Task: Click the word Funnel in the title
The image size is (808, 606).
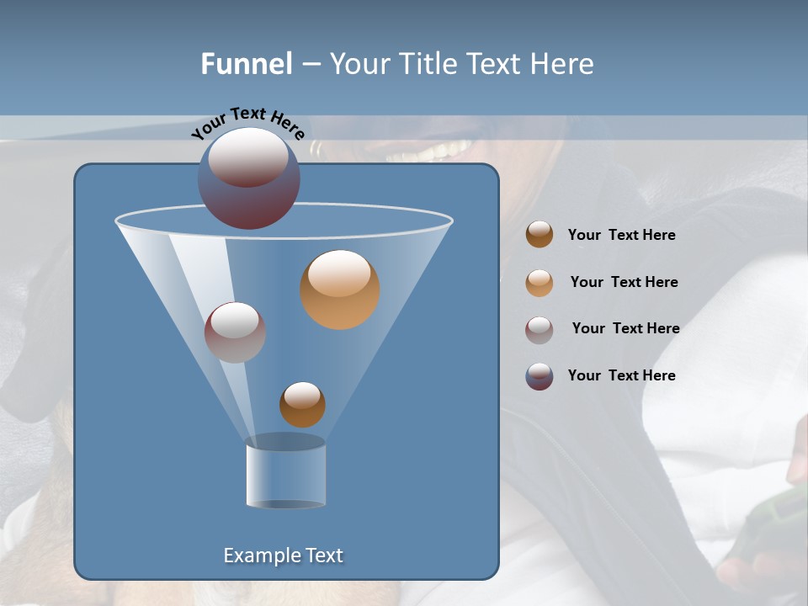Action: (x=246, y=64)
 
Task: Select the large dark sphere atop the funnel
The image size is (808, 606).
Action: (x=249, y=178)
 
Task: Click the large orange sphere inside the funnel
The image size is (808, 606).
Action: (x=339, y=290)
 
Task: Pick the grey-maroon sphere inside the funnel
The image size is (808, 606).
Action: (x=235, y=332)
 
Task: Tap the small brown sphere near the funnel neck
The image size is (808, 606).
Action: (x=302, y=404)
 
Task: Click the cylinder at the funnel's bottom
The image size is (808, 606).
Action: (x=285, y=476)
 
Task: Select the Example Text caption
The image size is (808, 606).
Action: (x=283, y=555)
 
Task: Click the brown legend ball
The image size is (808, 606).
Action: (x=540, y=235)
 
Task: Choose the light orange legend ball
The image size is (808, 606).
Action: (x=540, y=283)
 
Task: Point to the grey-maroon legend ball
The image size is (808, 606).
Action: (x=540, y=329)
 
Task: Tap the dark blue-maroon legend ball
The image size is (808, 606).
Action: (x=540, y=376)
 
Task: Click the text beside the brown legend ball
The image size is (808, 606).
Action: (x=621, y=236)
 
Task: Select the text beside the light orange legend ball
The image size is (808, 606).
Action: (x=624, y=283)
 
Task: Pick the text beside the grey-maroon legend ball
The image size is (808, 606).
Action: (x=625, y=329)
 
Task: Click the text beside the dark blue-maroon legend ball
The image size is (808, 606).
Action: (x=621, y=376)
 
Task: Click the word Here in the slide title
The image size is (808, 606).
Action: (x=562, y=64)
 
